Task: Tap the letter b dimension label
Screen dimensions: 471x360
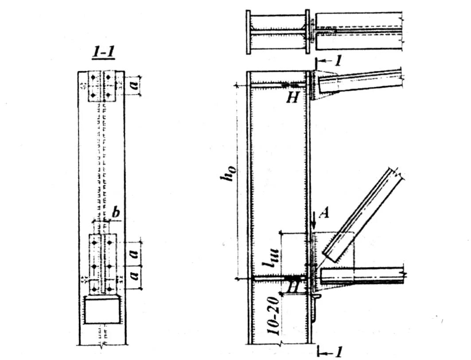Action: tap(116, 213)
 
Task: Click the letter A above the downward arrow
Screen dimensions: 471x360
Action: tap(324, 214)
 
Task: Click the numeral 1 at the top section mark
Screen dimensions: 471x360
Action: tap(338, 61)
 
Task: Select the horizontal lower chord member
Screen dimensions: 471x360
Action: tap(361, 275)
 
